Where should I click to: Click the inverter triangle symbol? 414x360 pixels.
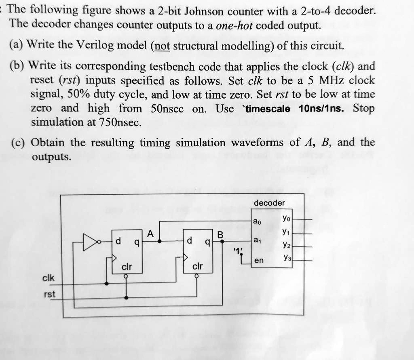point(90,242)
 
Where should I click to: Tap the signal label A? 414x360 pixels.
point(150,234)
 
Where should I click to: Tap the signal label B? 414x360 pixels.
point(220,235)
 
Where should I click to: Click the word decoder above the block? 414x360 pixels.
point(269,203)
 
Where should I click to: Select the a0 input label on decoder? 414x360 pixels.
point(257,221)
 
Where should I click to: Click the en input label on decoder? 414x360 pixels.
point(259,261)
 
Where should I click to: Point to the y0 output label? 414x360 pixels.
point(286,218)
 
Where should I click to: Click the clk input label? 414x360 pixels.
point(49,278)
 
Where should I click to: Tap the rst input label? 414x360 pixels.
point(50,294)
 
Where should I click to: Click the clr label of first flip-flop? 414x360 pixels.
point(127,267)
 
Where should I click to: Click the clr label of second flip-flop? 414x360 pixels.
point(197,266)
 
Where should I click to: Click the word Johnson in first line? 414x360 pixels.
point(204,11)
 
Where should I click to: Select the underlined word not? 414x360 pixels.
point(162,46)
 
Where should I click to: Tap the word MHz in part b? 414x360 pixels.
point(331,80)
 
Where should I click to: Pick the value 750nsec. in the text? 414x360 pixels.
point(120,122)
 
